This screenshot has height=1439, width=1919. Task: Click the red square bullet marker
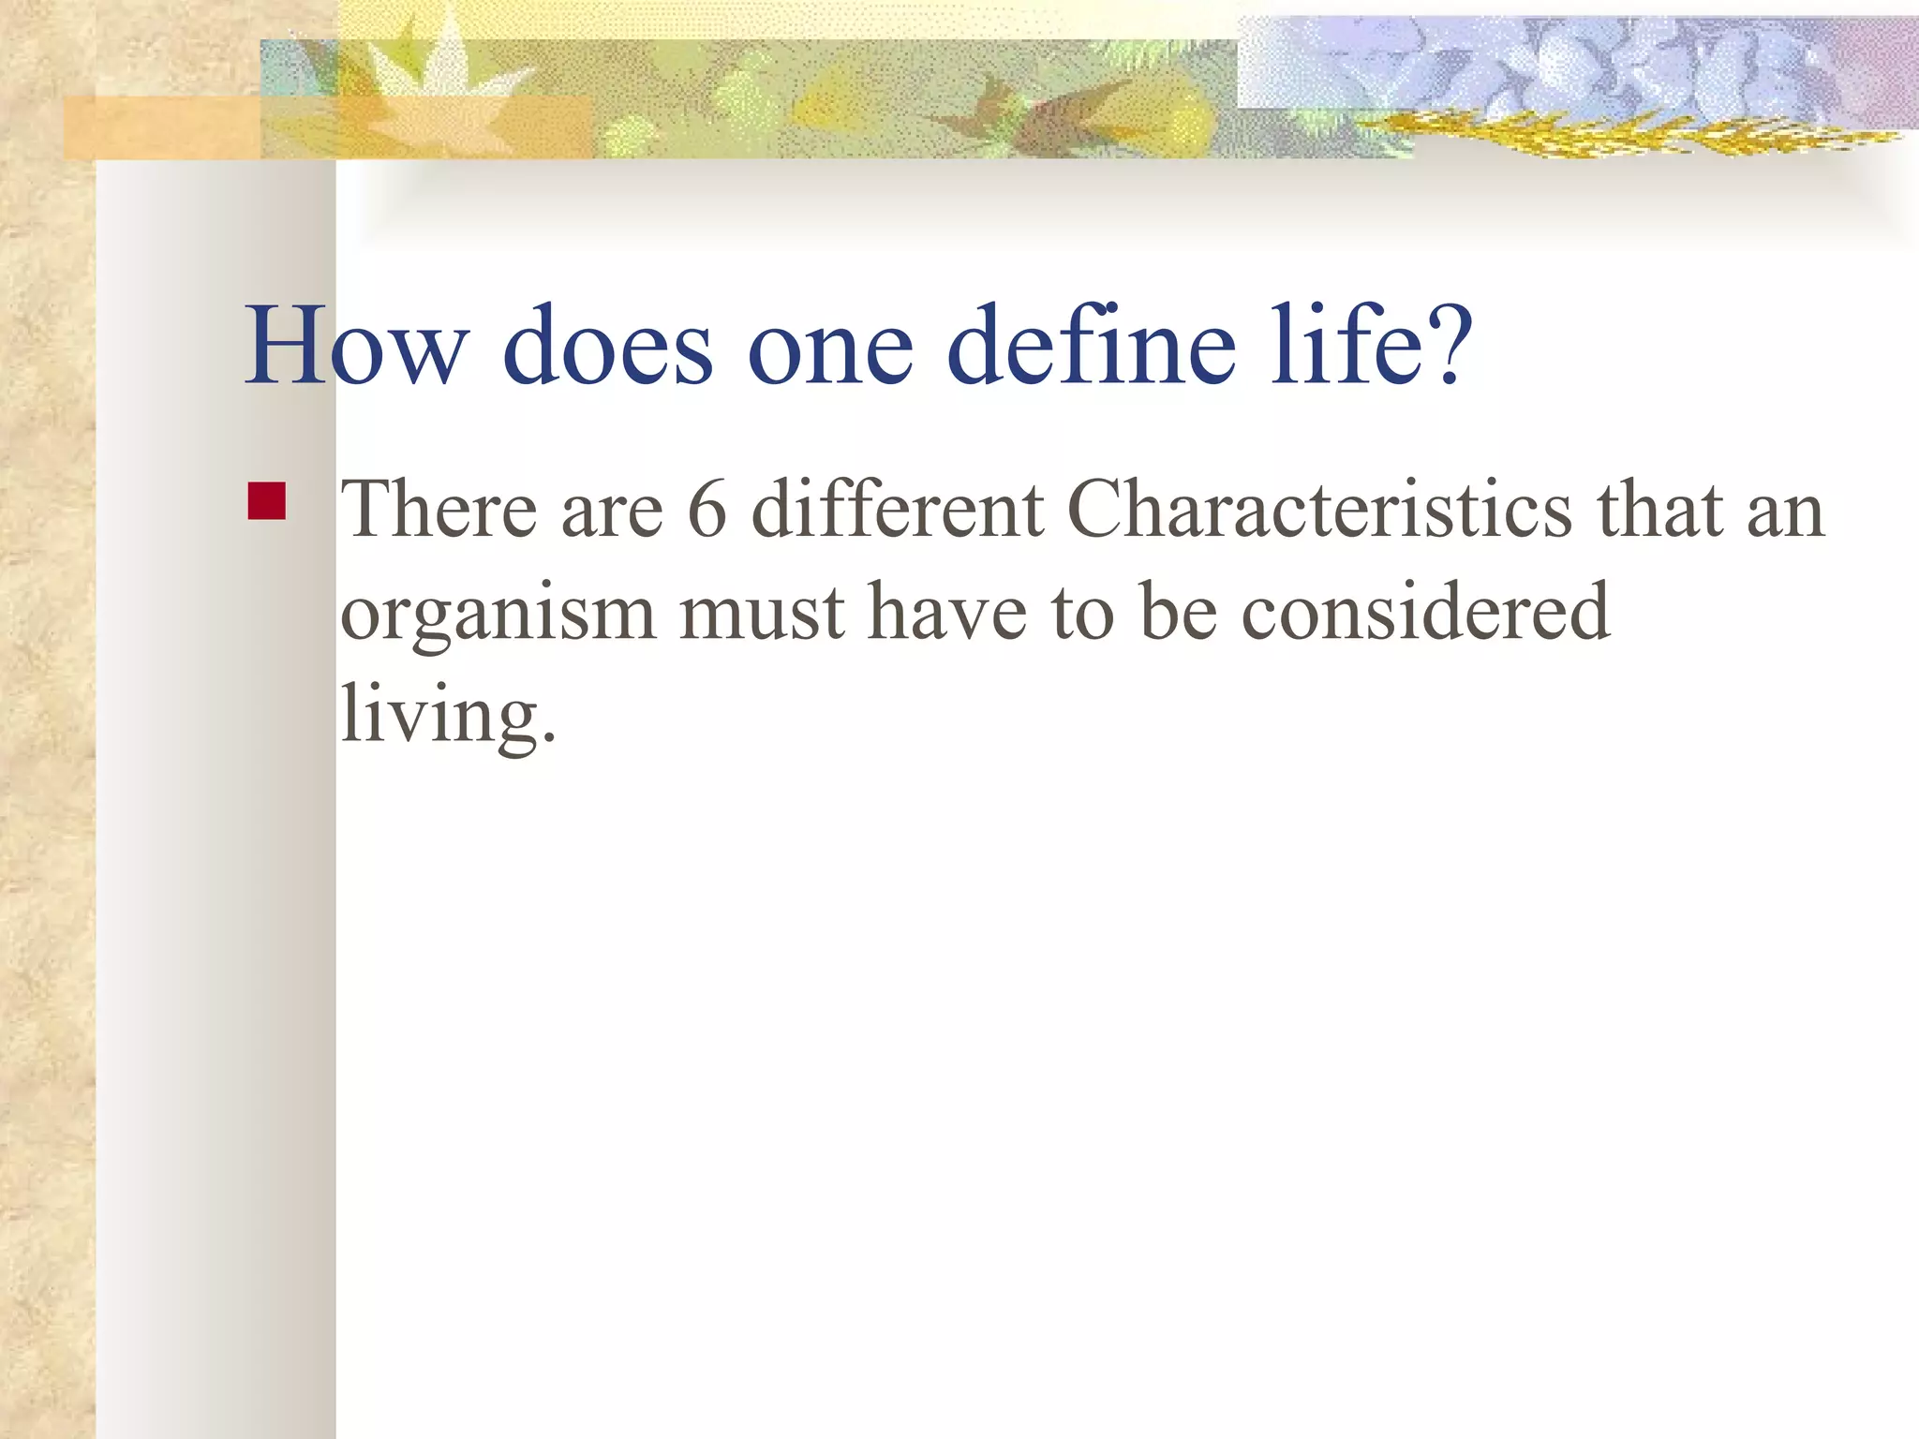point(267,500)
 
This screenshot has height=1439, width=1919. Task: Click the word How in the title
point(354,346)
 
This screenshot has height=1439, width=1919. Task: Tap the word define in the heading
point(1092,346)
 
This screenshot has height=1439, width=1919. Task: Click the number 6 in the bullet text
point(707,511)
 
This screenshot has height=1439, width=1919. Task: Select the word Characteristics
point(1319,511)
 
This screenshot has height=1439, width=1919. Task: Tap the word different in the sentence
point(898,511)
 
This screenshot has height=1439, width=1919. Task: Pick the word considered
point(1425,613)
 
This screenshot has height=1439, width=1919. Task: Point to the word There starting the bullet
point(439,511)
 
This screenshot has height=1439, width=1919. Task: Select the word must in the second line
point(762,615)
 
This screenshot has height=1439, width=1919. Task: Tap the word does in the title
point(608,346)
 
